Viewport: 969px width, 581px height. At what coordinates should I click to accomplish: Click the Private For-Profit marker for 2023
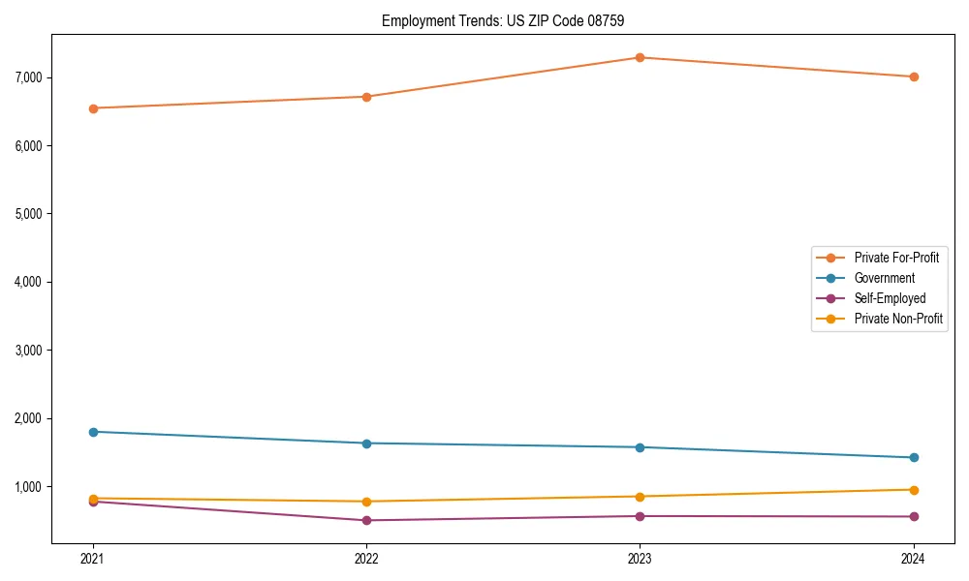coord(640,57)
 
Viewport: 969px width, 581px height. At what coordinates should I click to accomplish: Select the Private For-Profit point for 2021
coord(93,108)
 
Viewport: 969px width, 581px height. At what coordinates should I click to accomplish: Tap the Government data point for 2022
coord(366,443)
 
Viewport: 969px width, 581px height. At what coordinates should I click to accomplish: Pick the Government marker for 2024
coord(913,457)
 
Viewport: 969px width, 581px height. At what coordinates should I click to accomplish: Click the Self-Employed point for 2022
coord(366,520)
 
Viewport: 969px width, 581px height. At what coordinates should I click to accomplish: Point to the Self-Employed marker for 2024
coord(913,516)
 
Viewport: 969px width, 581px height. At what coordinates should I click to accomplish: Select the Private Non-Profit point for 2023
coord(640,496)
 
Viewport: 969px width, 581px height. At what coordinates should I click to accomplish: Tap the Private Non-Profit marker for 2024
coord(913,489)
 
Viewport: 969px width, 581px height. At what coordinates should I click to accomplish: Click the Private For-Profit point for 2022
coord(366,97)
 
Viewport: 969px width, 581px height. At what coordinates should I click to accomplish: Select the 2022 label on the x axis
coord(366,558)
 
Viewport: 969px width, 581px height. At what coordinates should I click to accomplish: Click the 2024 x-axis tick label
coord(913,558)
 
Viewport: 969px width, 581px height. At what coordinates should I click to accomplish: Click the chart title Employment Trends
coord(441,20)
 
